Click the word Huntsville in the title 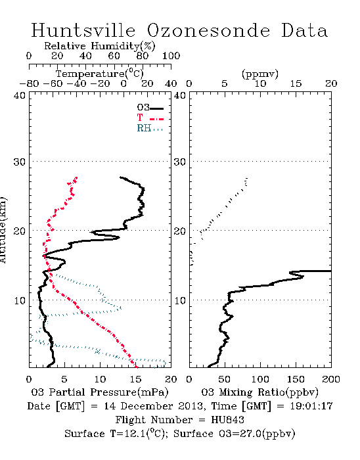tap(83, 30)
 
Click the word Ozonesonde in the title tap(208, 30)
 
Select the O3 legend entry tap(150, 108)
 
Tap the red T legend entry tap(150, 118)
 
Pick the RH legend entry tap(150, 128)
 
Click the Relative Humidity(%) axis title tap(100, 46)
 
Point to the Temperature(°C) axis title tap(100, 74)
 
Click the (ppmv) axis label tap(260, 74)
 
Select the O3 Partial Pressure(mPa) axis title tap(100, 392)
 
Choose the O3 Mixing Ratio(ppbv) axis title tap(259, 392)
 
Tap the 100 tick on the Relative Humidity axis tap(171, 56)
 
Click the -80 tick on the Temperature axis tap(29, 83)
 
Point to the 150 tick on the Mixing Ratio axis tap(296, 379)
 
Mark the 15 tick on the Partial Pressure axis tap(135, 379)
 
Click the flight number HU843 tap(227, 420)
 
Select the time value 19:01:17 tap(311, 406)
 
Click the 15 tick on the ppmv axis tap(296, 83)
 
